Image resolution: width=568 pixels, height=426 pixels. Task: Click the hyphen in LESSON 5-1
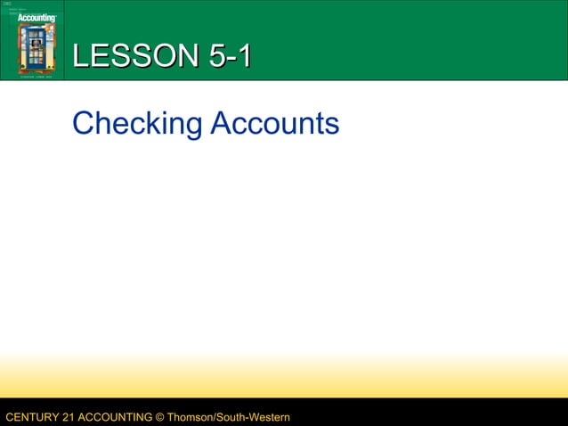231,58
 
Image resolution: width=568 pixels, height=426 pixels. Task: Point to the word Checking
137,124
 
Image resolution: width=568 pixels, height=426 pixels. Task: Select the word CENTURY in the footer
30,417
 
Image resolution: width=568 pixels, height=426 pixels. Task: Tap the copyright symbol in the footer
161,417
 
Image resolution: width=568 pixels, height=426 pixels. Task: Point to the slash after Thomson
218,417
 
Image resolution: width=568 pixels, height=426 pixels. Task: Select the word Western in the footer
268,417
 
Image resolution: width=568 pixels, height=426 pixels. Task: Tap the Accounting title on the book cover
36,17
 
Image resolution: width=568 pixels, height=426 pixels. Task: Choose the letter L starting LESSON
80,56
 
